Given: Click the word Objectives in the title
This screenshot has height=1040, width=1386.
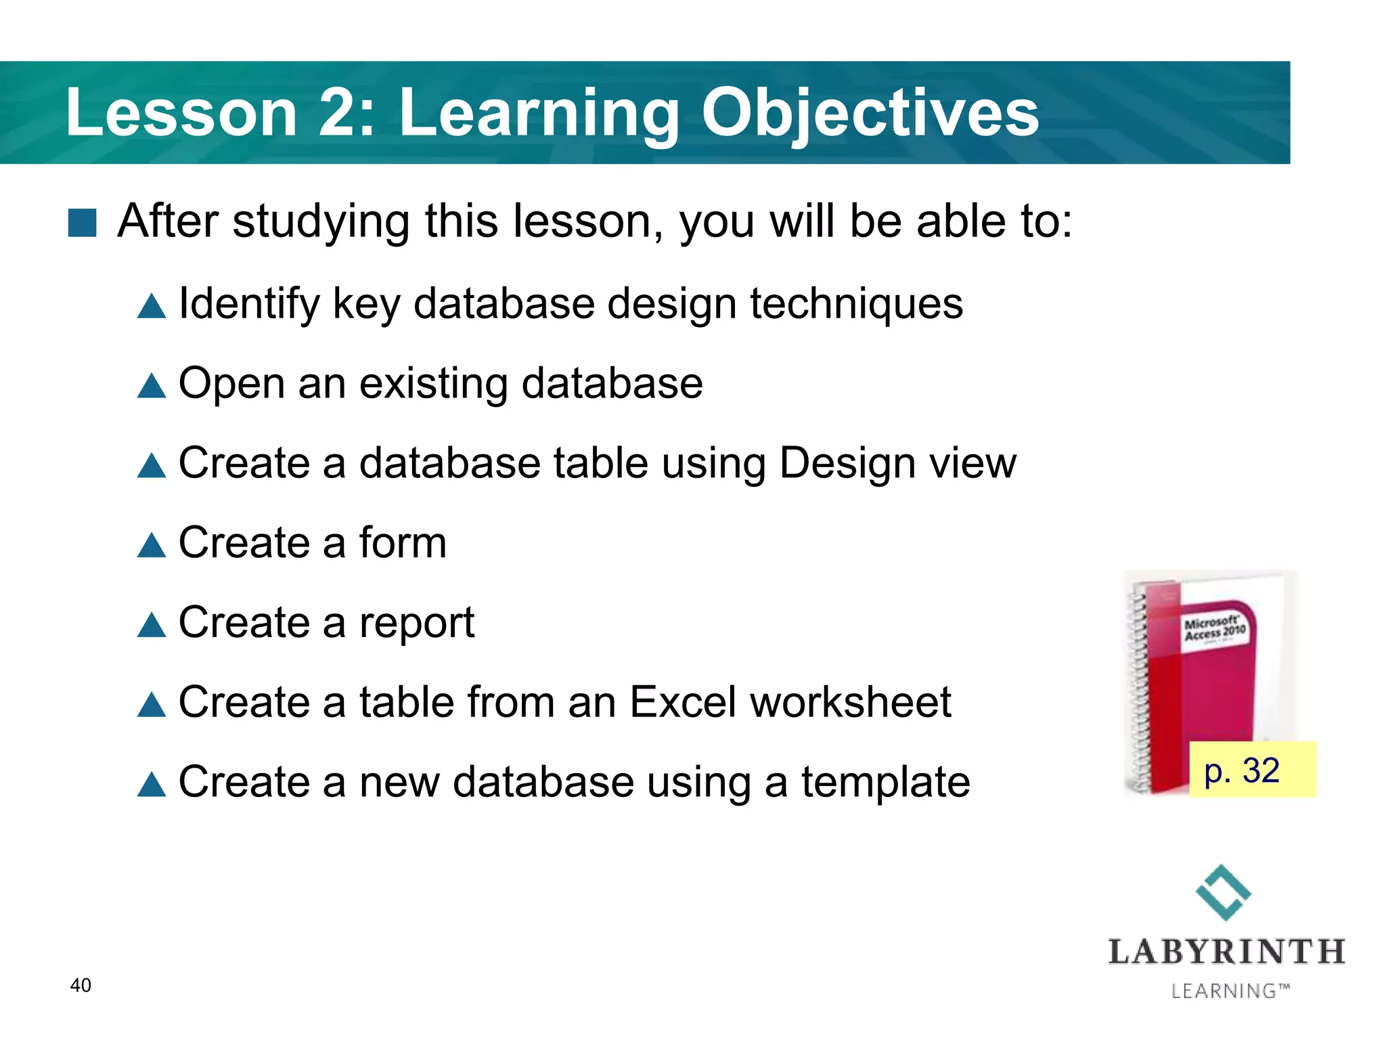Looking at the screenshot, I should coord(870,114).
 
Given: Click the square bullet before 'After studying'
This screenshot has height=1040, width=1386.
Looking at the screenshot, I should coord(83,223).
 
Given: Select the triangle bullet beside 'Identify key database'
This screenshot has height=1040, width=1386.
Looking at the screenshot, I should coord(152,307).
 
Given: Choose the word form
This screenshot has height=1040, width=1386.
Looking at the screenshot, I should coord(403,543).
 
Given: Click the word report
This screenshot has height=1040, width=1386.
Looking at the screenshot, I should coord(417,624).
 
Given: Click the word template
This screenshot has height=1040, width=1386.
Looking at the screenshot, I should coord(886,783).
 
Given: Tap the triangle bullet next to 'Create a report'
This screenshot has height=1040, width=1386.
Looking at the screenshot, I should coord(152,625).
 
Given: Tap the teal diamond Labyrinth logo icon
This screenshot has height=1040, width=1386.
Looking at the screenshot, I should coord(1224,892).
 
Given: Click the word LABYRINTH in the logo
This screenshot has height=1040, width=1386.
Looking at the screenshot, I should coord(1226,952).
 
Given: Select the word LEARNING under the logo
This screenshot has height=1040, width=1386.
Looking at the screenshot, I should coord(1224,991).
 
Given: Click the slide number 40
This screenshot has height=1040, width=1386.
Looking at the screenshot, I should coord(81,985).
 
